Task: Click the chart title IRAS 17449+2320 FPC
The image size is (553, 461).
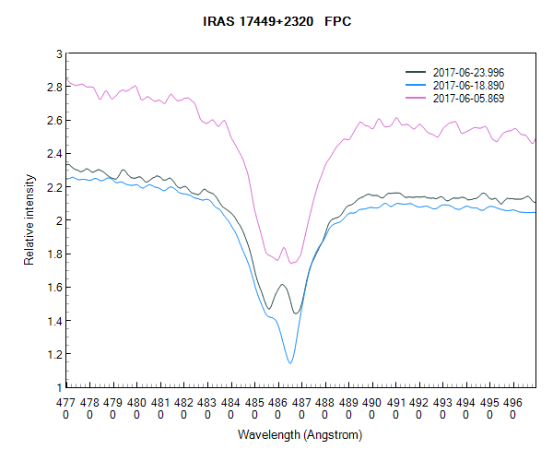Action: point(276,19)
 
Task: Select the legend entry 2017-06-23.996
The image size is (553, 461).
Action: point(468,72)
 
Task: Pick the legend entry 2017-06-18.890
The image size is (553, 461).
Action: point(468,85)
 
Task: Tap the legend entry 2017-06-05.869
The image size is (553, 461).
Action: point(468,98)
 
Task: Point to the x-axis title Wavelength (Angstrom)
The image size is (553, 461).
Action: point(300,434)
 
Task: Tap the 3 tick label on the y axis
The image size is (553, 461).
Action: point(59,54)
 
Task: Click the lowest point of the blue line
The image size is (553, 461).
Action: point(290,363)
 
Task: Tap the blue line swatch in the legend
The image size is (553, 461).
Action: point(417,85)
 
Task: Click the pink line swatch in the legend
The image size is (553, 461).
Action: point(417,98)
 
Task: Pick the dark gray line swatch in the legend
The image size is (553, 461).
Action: point(417,72)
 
